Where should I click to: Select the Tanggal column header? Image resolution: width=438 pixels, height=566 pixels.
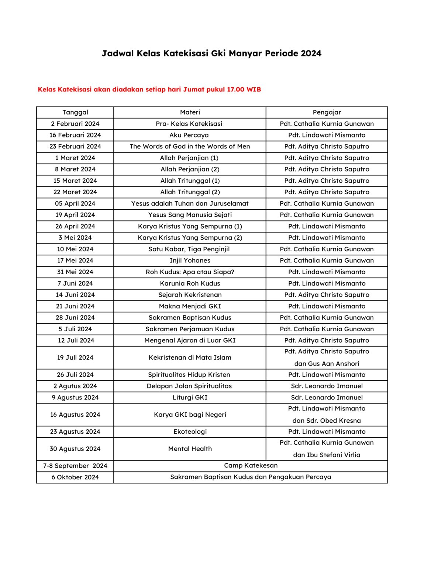pyautogui.click(x=75, y=112)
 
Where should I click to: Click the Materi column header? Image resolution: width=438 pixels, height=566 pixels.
pyautogui.click(x=190, y=112)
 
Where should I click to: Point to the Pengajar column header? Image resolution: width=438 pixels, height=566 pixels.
pyautogui.click(x=327, y=112)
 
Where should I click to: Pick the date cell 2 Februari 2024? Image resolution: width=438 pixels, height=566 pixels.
pyautogui.click(x=75, y=124)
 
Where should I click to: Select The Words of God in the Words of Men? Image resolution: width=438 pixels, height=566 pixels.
pyautogui.click(x=190, y=147)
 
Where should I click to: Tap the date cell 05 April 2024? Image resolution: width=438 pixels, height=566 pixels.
pyautogui.click(x=75, y=203)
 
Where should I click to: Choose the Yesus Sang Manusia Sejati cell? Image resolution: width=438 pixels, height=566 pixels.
pyautogui.click(x=190, y=215)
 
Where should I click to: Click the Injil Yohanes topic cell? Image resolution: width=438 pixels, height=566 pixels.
pyautogui.click(x=190, y=261)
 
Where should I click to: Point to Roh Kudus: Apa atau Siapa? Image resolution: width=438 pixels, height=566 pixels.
pyautogui.click(x=190, y=272)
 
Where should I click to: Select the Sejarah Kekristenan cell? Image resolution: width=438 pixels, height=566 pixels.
pyautogui.click(x=190, y=295)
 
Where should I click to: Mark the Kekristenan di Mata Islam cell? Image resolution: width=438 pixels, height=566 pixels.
pyautogui.click(x=190, y=357)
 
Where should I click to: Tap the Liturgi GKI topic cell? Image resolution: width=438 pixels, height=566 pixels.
pyautogui.click(x=190, y=398)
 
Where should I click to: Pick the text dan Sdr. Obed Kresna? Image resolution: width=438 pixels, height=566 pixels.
pyautogui.click(x=327, y=421)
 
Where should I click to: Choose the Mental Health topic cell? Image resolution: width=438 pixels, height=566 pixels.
pyautogui.click(x=190, y=449)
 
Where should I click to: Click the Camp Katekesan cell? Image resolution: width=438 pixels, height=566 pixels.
pyautogui.click(x=251, y=465)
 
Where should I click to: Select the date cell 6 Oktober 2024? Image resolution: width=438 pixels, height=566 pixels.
pyautogui.click(x=75, y=477)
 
